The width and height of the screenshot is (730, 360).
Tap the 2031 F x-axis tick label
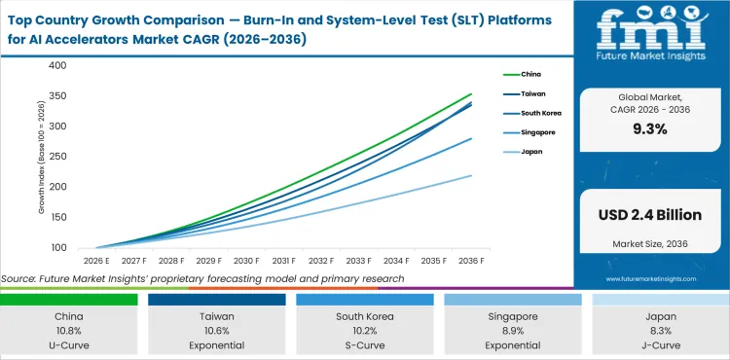click(x=283, y=262)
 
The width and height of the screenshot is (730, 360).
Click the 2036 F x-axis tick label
click(x=470, y=262)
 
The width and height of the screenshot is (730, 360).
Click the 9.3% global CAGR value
click(x=650, y=129)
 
